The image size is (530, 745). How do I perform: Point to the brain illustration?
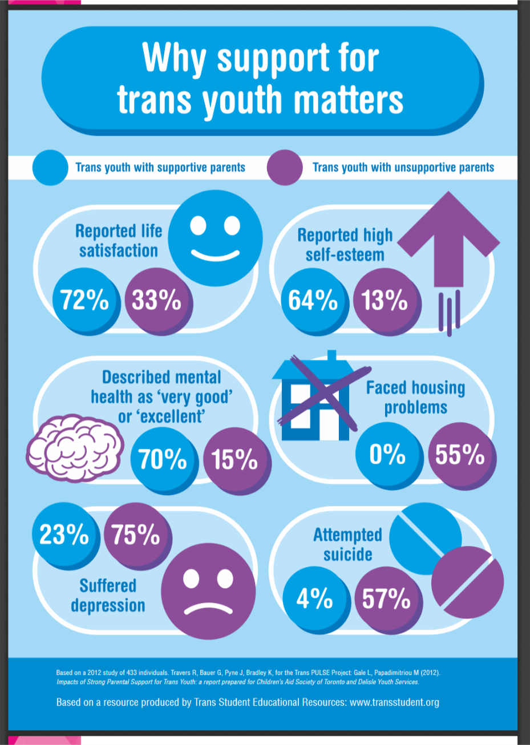[75, 448]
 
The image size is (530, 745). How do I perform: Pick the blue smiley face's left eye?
[198, 225]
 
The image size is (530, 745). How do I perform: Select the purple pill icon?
[468, 582]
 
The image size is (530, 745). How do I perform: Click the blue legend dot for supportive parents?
[50, 168]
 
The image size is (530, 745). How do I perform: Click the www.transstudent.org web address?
[395, 702]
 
